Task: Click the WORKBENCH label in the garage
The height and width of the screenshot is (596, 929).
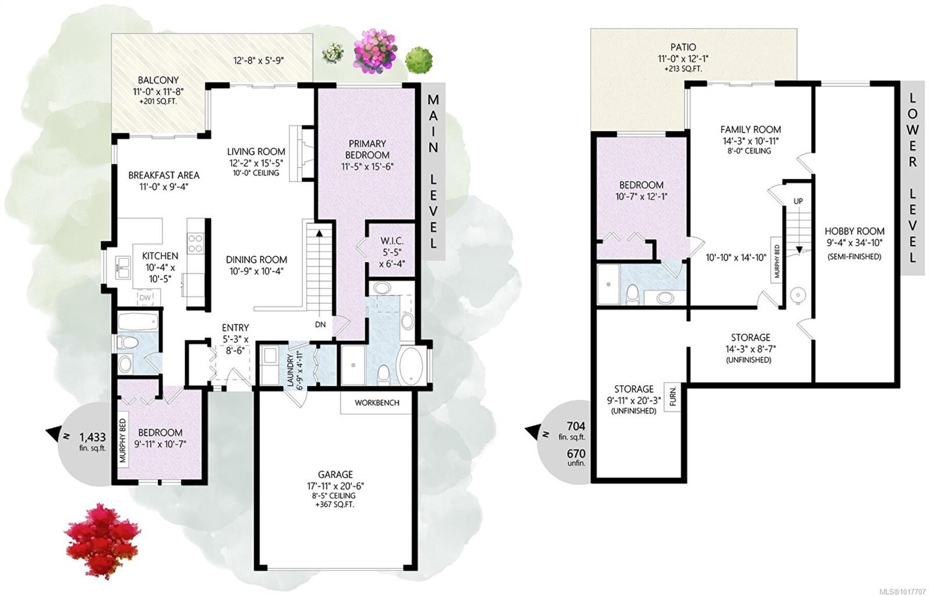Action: click(x=377, y=403)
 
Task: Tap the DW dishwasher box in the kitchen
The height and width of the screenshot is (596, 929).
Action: click(x=145, y=298)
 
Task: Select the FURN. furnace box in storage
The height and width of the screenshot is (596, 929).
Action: click(x=674, y=398)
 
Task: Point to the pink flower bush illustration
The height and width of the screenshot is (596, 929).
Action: click(x=376, y=51)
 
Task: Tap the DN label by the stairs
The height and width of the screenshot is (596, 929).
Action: click(x=321, y=325)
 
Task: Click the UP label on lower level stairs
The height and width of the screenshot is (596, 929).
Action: click(x=798, y=201)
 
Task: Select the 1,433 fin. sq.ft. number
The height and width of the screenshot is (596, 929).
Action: click(x=93, y=437)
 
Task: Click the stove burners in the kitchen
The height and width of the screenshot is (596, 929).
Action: click(x=195, y=242)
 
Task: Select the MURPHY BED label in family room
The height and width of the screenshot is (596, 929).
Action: click(x=777, y=258)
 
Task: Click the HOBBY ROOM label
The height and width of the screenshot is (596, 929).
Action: click(x=854, y=231)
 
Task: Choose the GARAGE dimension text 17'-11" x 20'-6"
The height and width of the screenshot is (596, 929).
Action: click(x=335, y=486)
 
